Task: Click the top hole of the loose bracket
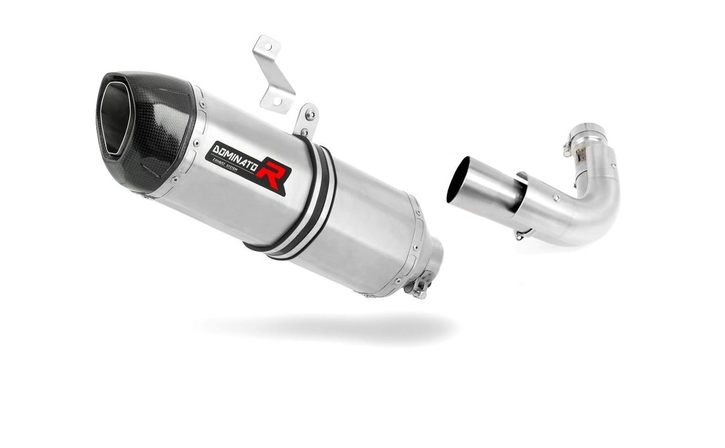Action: point(261,47)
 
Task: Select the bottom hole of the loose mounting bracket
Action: point(277,101)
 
